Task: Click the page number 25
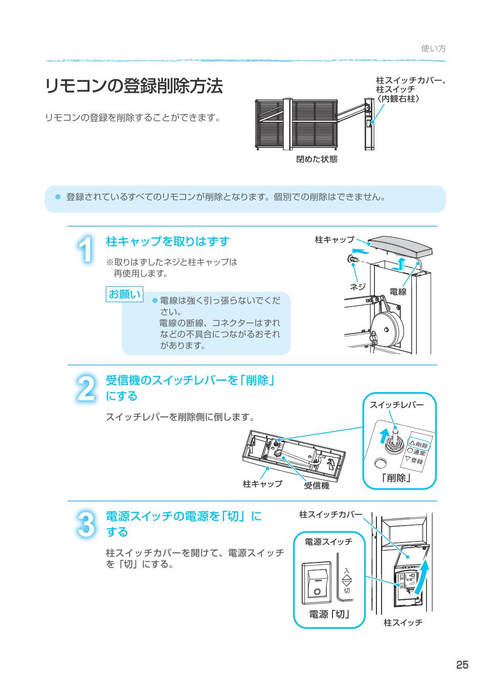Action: [462, 665]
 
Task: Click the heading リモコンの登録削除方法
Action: [134, 86]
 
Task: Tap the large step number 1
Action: [86, 250]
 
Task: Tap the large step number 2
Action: [85, 388]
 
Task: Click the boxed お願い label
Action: [124, 294]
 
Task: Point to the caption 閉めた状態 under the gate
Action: [317, 159]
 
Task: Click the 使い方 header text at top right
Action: [433, 49]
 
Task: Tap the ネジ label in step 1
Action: [357, 287]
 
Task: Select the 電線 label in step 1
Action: [397, 291]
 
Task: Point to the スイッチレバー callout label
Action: [396, 405]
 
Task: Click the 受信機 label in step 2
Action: [317, 485]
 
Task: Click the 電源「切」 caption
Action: [329, 614]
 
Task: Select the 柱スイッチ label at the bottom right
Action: [403, 623]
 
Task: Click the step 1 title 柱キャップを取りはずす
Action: [167, 241]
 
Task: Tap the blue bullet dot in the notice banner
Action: [58, 197]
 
